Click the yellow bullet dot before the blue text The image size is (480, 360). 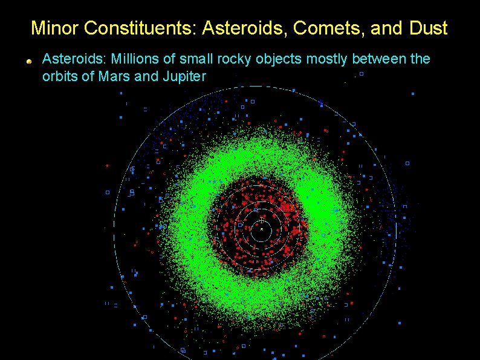pos(28,61)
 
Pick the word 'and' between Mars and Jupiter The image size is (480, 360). pos(143,76)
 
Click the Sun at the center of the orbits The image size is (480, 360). pos(261,229)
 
